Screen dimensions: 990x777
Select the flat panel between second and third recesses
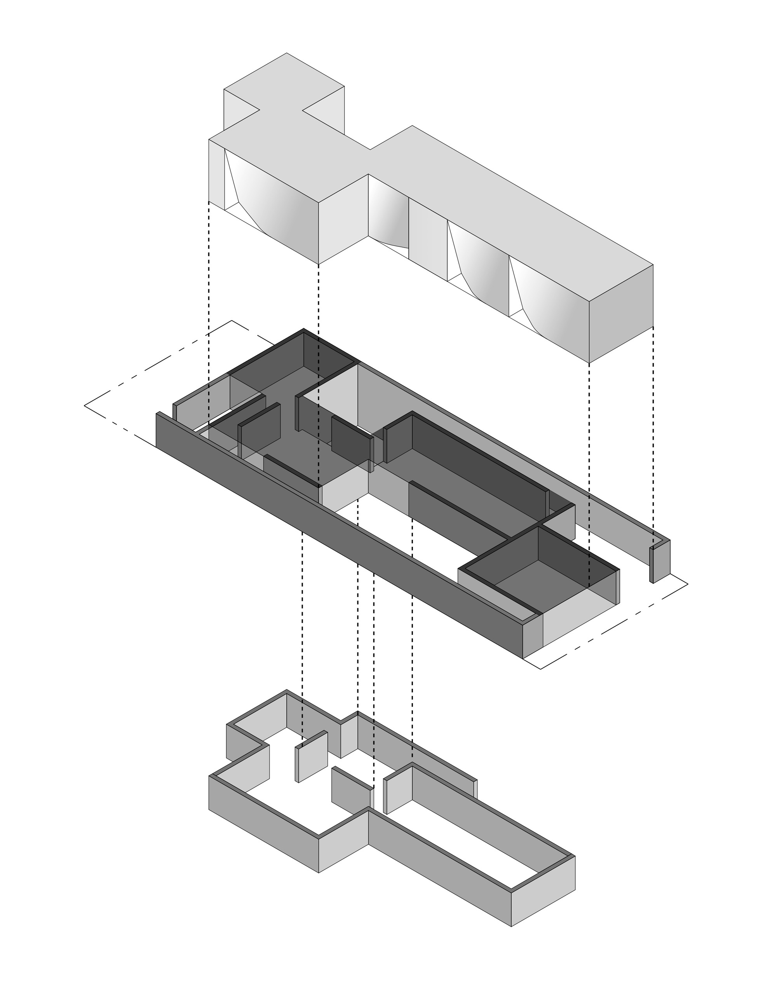click(428, 239)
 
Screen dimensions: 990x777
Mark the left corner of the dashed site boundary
click(85, 405)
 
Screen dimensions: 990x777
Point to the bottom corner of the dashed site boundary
click(540, 669)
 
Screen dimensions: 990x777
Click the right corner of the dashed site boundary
click(687, 583)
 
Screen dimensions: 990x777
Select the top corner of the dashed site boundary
click(232, 320)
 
